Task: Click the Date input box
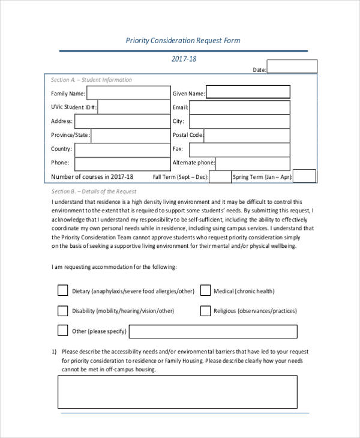tap(292, 67)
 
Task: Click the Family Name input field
tap(128, 92)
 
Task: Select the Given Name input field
tap(248, 92)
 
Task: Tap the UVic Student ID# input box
tap(133, 107)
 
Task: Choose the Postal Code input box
tap(248, 135)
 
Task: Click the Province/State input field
tap(130, 135)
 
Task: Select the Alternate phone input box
tap(253, 163)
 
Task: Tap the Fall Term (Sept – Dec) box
tap(220, 177)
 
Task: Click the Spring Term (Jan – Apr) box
tap(304, 176)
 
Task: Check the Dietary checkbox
tap(63, 290)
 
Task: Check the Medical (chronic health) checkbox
tap(205, 290)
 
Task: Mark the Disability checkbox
tap(63, 311)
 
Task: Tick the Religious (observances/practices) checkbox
tap(205, 311)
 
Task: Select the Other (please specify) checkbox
tap(63, 331)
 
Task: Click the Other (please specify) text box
tap(213, 331)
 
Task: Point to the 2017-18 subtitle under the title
tap(184, 59)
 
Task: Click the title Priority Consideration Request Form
tap(183, 41)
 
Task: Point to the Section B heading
tap(94, 191)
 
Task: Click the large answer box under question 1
tap(177, 392)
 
